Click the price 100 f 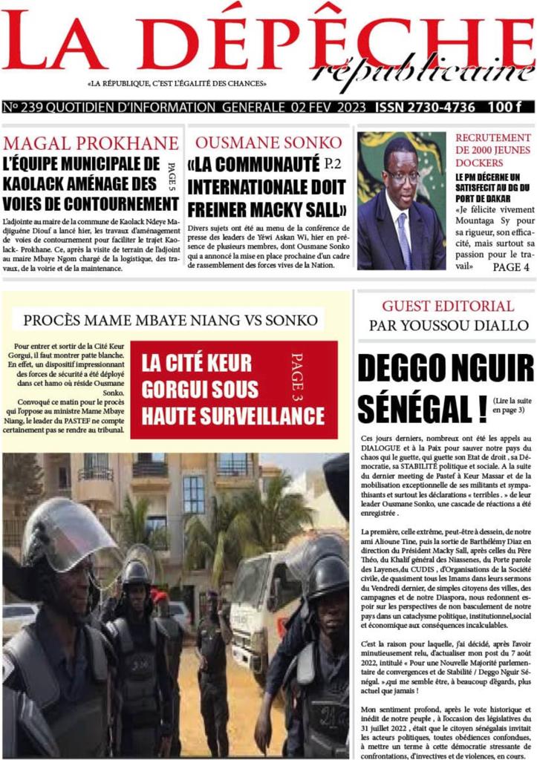point(507,108)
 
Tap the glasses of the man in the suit point(401,177)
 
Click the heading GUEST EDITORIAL point(447,306)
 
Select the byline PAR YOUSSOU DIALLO point(447,325)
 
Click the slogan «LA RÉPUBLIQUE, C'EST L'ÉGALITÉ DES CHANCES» point(177,84)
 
